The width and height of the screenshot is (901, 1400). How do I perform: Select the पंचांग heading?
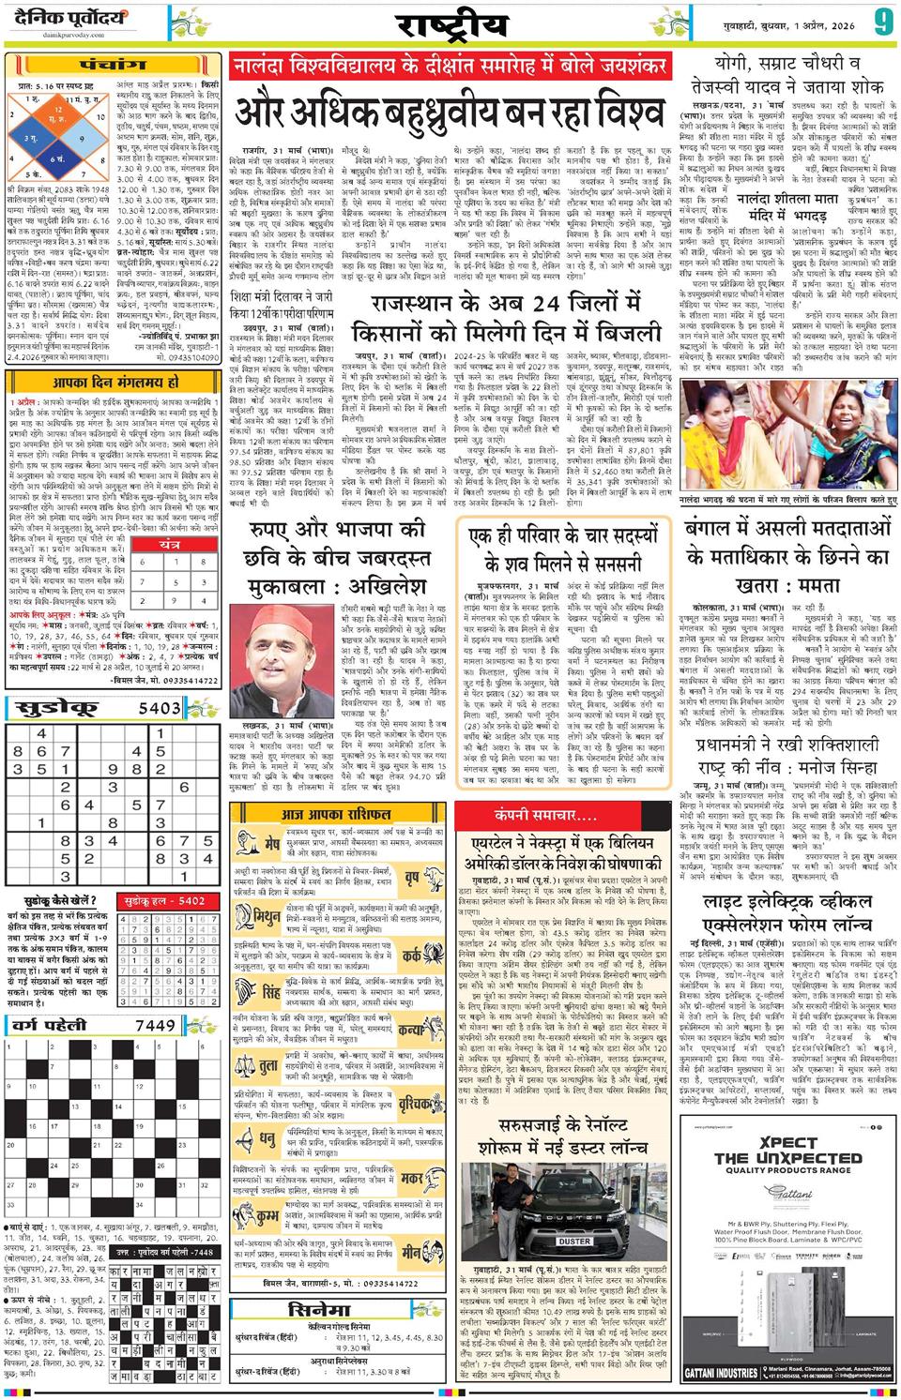coord(113,66)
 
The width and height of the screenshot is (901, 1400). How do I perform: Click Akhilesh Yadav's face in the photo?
coord(279,635)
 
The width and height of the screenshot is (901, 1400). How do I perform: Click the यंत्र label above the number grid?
coord(170,544)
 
